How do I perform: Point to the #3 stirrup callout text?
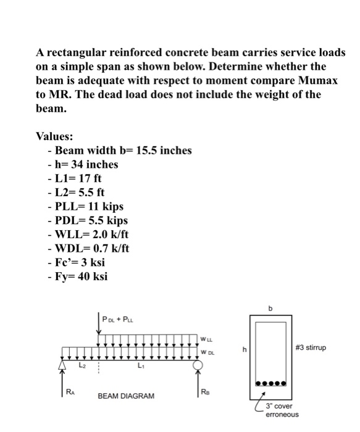pyautogui.click(x=316, y=348)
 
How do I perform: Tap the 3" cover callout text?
pyautogui.click(x=279, y=406)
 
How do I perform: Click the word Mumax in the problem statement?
pyautogui.click(x=322, y=81)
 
